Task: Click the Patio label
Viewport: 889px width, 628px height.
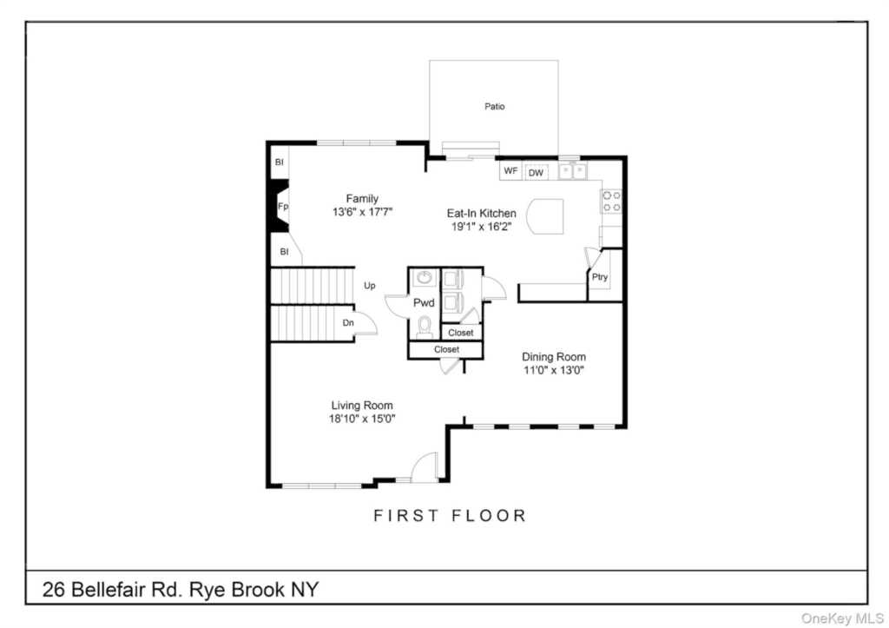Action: [494, 106]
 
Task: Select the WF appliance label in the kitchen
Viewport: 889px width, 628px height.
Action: [510, 170]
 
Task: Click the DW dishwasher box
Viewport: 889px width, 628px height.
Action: [536, 173]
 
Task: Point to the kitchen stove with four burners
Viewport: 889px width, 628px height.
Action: [611, 202]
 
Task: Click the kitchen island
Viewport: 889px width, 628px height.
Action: [545, 216]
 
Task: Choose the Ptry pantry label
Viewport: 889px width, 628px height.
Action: [600, 277]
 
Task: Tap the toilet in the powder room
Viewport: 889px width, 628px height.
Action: [424, 327]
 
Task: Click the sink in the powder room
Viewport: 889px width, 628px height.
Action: [424, 277]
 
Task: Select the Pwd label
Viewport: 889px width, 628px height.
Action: [424, 302]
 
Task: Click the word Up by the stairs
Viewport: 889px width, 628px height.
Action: [370, 286]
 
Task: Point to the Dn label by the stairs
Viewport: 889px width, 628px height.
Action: [348, 323]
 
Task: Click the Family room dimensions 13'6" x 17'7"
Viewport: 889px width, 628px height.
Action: [362, 212]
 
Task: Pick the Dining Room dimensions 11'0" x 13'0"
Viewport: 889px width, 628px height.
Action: [554, 370]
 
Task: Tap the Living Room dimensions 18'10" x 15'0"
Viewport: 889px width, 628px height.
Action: [362, 419]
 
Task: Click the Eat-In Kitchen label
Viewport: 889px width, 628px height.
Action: [481, 214]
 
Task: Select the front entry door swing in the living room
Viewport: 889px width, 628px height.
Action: [425, 467]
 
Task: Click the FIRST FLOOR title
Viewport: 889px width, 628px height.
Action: [451, 516]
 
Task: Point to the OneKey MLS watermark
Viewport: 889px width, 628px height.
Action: [842, 618]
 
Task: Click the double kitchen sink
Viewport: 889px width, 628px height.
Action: [573, 170]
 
